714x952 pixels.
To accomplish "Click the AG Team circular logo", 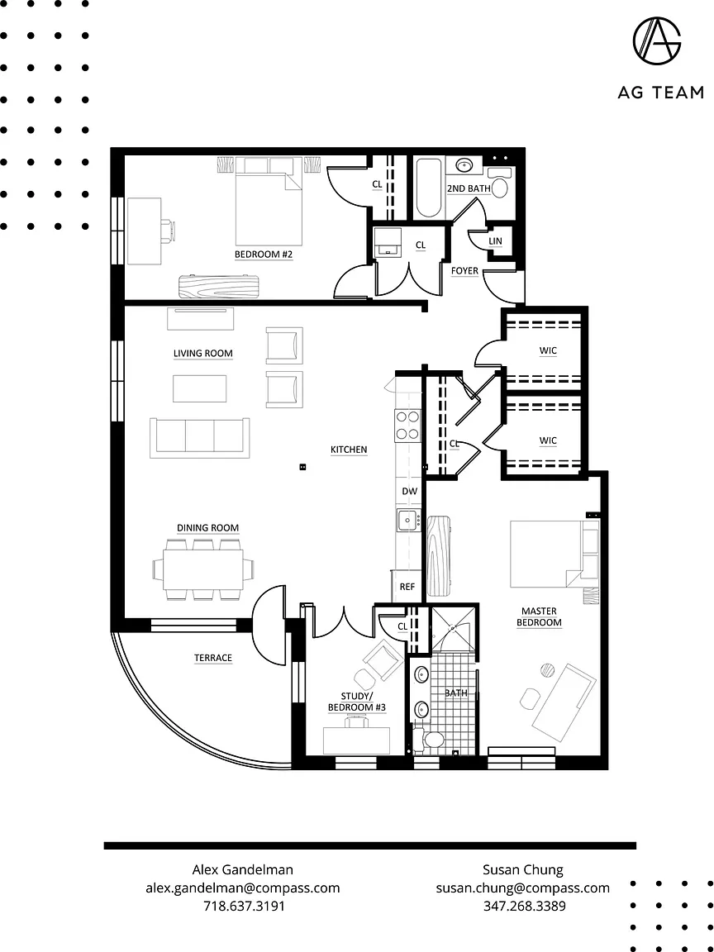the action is tap(657, 42).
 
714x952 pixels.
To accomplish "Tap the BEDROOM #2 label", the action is tap(264, 255).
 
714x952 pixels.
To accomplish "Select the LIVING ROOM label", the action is tap(202, 354).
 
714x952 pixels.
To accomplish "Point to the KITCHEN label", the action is tap(349, 450).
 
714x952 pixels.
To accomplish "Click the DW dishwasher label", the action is tap(409, 491).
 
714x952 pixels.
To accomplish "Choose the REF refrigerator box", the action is tap(407, 586).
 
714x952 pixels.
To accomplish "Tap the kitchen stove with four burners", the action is tap(407, 426).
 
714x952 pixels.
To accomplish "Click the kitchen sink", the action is tap(407, 521).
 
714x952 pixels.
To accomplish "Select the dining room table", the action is tap(202, 569).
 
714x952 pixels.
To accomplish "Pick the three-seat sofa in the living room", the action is tap(199, 437).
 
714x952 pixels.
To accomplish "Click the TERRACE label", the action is tap(212, 658).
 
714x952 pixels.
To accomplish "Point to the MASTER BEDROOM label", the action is tap(540, 616).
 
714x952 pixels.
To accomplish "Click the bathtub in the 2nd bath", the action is tap(429, 188).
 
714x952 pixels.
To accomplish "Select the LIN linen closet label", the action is tap(495, 241).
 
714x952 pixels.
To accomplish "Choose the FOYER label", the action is tap(464, 270).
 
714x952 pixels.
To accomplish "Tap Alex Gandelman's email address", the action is tap(242, 888).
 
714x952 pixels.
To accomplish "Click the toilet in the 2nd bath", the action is tap(500, 182).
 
